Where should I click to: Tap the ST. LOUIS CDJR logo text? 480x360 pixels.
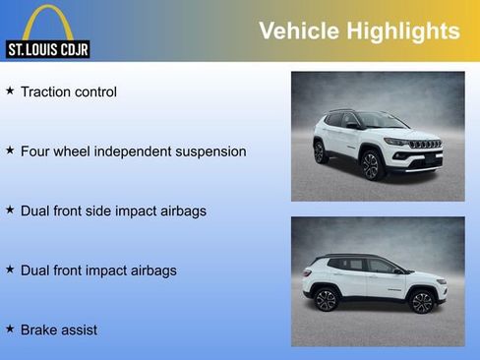[47, 48]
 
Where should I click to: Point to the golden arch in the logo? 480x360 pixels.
[47, 20]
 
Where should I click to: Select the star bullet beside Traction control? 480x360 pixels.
[10, 91]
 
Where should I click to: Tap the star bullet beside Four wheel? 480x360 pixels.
[10, 150]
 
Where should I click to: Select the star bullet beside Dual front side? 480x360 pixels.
[10, 210]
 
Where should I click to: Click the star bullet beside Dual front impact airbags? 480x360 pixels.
[10, 269]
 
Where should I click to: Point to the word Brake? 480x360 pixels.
[40, 330]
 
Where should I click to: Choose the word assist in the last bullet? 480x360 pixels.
[81, 330]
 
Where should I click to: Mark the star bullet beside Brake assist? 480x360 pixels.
[10, 329]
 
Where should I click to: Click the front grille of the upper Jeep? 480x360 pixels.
[426, 145]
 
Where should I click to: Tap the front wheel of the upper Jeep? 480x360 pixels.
[372, 165]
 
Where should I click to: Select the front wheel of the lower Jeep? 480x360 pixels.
[423, 302]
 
